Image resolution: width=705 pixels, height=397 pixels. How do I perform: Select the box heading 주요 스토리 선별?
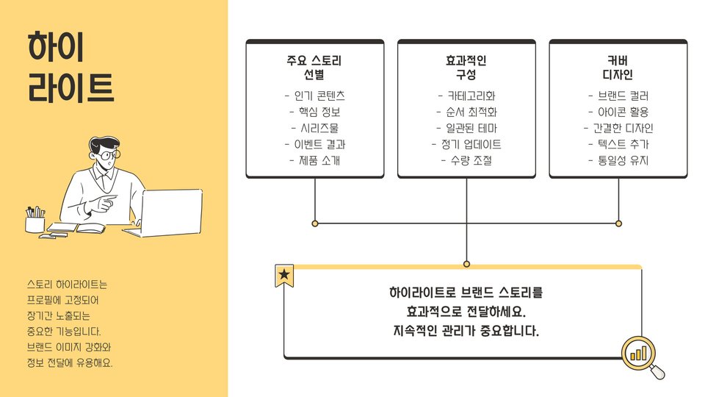(314, 68)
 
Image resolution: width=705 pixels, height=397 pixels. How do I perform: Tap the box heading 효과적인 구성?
(466, 68)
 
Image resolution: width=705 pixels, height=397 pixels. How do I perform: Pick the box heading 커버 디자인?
(618, 68)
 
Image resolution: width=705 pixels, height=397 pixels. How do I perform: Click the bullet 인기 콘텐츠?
(314, 96)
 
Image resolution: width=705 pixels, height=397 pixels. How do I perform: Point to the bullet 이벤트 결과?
(314, 144)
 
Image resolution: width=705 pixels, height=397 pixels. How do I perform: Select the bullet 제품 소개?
(314, 160)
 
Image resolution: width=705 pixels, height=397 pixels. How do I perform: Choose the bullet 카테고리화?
(466, 96)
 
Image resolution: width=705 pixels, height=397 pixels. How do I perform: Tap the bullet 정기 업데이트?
(466, 144)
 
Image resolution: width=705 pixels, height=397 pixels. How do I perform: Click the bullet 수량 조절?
(466, 160)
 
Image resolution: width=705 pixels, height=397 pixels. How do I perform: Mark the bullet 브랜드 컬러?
(618, 96)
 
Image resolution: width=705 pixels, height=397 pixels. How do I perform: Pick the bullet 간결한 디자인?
(618, 128)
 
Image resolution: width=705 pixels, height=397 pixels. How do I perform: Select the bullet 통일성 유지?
(618, 160)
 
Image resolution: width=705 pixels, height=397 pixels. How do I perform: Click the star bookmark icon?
(284, 275)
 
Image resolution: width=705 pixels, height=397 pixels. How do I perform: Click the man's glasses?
(107, 156)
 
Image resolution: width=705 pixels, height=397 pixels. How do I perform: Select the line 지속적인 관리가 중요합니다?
(466, 331)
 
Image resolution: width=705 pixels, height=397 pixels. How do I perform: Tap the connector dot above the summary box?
(466, 264)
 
